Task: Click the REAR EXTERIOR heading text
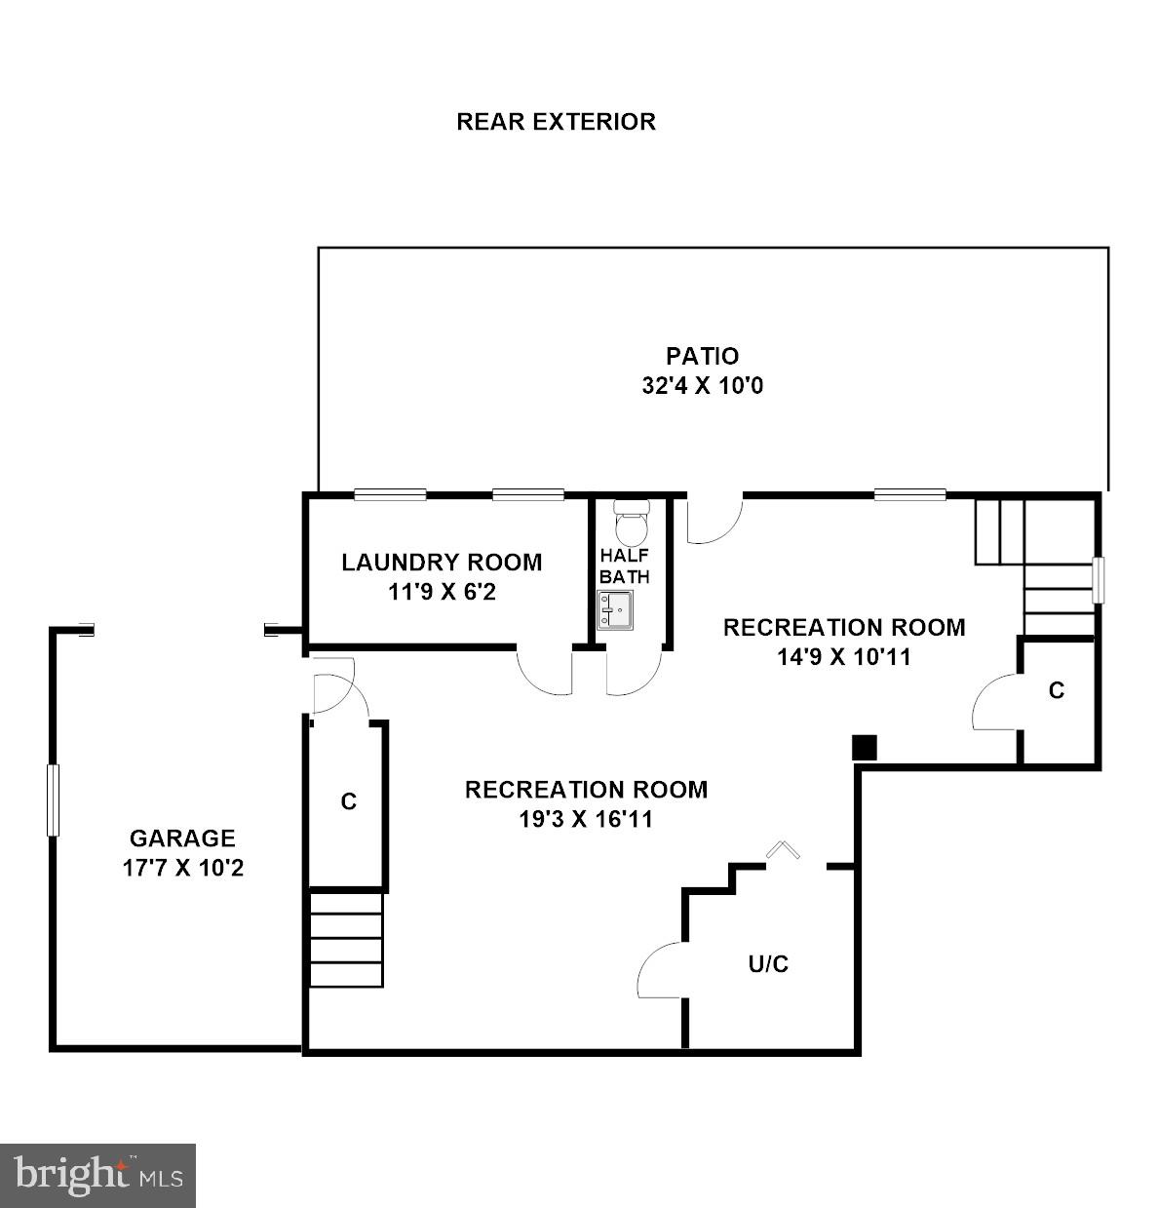click(556, 122)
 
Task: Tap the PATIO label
click(702, 356)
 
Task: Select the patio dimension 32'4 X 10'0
click(702, 386)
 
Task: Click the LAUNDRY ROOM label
click(442, 562)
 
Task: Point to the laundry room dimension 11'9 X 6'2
click(442, 592)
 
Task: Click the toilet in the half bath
click(632, 523)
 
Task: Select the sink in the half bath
click(614, 611)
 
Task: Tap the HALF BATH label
click(625, 565)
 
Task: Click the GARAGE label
click(182, 838)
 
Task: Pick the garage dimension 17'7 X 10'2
click(182, 868)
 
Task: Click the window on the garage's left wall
click(53, 800)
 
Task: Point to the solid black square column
click(865, 747)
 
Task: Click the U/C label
click(768, 964)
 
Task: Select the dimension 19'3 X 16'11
click(586, 819)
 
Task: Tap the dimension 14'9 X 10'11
click(844, 657)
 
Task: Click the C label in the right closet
click(1057, 690)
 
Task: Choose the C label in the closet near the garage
click(348, 801)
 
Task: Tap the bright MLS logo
click(98, 1175)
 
